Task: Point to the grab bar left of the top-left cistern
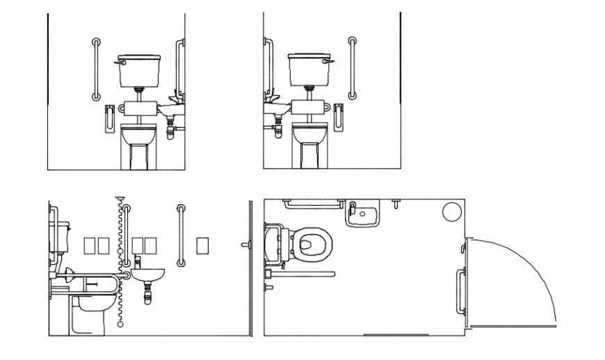click(x=96, y=69)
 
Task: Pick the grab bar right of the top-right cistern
click(x=352, y=69)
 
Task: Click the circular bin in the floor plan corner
click(x=452, y=211)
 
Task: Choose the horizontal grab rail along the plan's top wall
click(x=313, y=204)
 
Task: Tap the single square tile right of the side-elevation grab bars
click(x=203, y=245)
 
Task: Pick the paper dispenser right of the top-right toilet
click(x=339, y=116)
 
